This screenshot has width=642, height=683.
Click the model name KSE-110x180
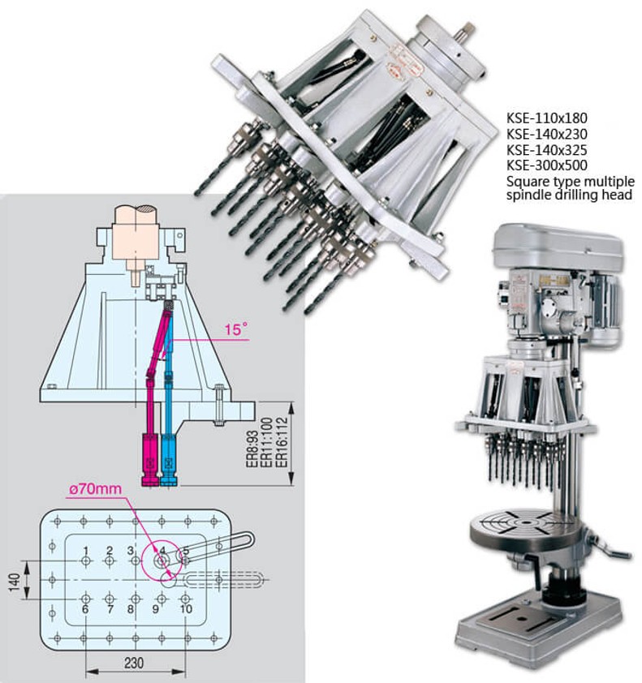point(546,118)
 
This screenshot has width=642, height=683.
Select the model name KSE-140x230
point(546,134)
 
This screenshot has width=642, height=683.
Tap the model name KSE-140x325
point(546,150)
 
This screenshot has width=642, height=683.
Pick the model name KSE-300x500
point(546,165)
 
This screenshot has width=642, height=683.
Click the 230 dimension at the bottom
point(136,662)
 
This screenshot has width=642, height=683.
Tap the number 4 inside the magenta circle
point(162,552)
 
